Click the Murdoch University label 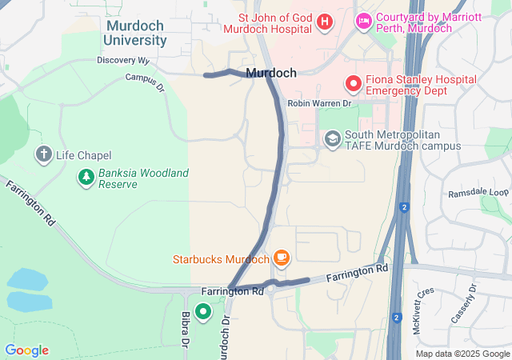point(137,33)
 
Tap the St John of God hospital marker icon point(325,22)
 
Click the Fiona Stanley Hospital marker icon point(353,83)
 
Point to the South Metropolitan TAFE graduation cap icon point(332,139)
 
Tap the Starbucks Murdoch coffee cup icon point(281,258)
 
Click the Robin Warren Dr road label point(319,104)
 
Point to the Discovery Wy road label point(123,61)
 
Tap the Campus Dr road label point(145,81)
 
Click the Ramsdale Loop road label point(478,194)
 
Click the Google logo point(26,350)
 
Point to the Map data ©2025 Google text point(462,354)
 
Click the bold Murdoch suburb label point(271,73)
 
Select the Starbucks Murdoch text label point(222,260)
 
